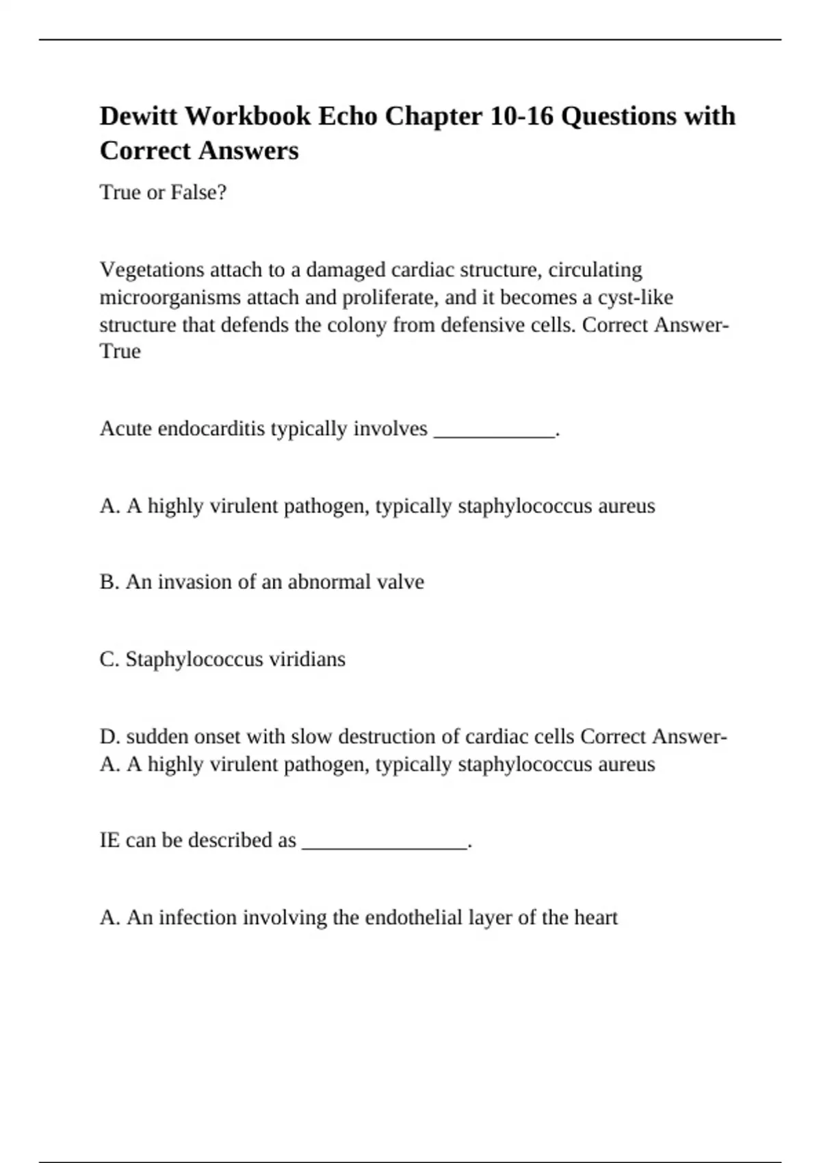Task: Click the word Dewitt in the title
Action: (x=139, y=116)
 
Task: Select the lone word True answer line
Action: (x=120, y=351)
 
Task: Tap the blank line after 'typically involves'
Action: (x=494, y=430)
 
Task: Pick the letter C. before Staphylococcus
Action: (x=109, y=659)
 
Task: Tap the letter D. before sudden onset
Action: (x=110, y=736)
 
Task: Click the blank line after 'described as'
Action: (x=384, y=842)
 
